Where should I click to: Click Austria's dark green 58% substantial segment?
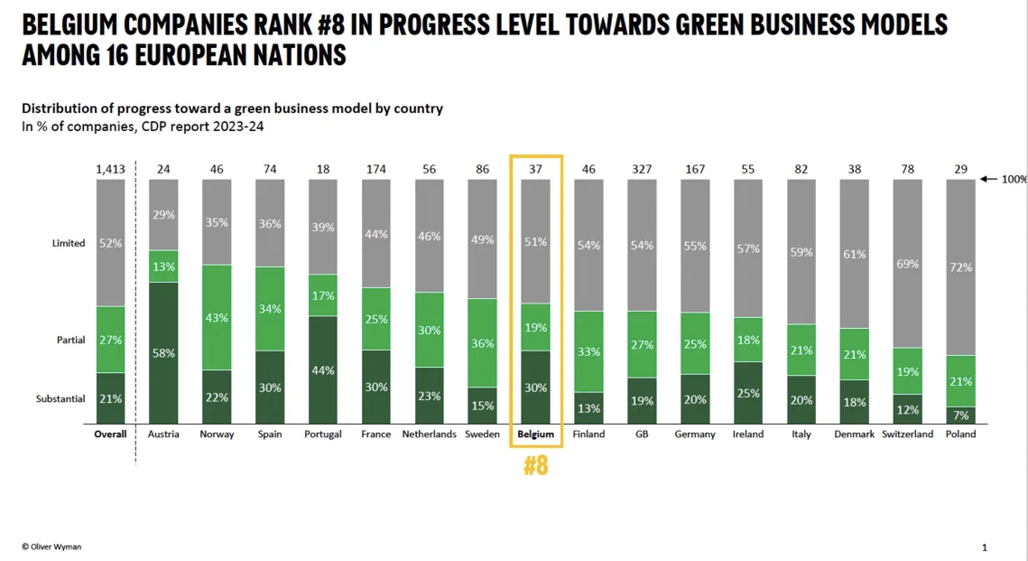click(x=163, y=353)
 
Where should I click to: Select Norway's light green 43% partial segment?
click(x=217, y=318)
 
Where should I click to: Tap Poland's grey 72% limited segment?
click(x=960, y=267)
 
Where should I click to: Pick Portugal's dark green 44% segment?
click(x=323, y=370)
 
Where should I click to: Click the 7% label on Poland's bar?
click(x=961, y=415)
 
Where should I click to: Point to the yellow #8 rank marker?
click(x=536, y=466)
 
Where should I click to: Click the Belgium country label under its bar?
click(x=536, y=434)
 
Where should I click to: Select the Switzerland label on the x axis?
click(x=907, y=434)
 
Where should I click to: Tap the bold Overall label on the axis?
click(x=110, y=434)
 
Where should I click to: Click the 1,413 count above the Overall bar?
click(x=110, y=169)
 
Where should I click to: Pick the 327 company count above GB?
click(x=642, y=169)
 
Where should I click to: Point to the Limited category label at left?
click(x=69, y=243)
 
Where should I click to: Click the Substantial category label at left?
click(x=60, y=399)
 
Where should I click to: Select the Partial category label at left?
click(x=71, y=340)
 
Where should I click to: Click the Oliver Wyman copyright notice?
click(x=51, y=547)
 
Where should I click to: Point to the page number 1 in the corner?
click(x=984, y=548)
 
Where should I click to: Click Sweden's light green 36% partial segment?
click(x=482, y=343)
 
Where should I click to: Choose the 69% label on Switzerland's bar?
click(x=907, y=264)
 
